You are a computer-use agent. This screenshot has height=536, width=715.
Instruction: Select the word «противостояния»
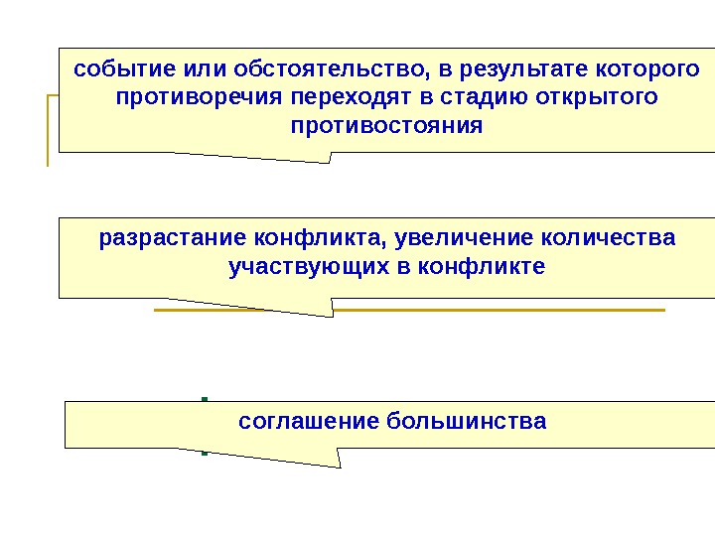pos(385,127)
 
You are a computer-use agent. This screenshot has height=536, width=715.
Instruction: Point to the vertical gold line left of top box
pos(48,129)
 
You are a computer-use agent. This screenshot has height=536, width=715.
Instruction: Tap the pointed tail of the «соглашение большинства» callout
pos(339,464)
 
